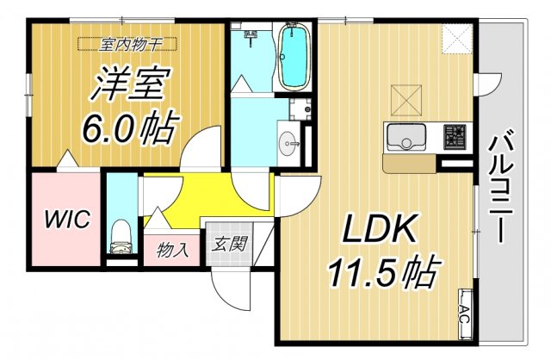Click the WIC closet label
(68, 219)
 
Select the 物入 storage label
(173, 251)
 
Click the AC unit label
(465, 309)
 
